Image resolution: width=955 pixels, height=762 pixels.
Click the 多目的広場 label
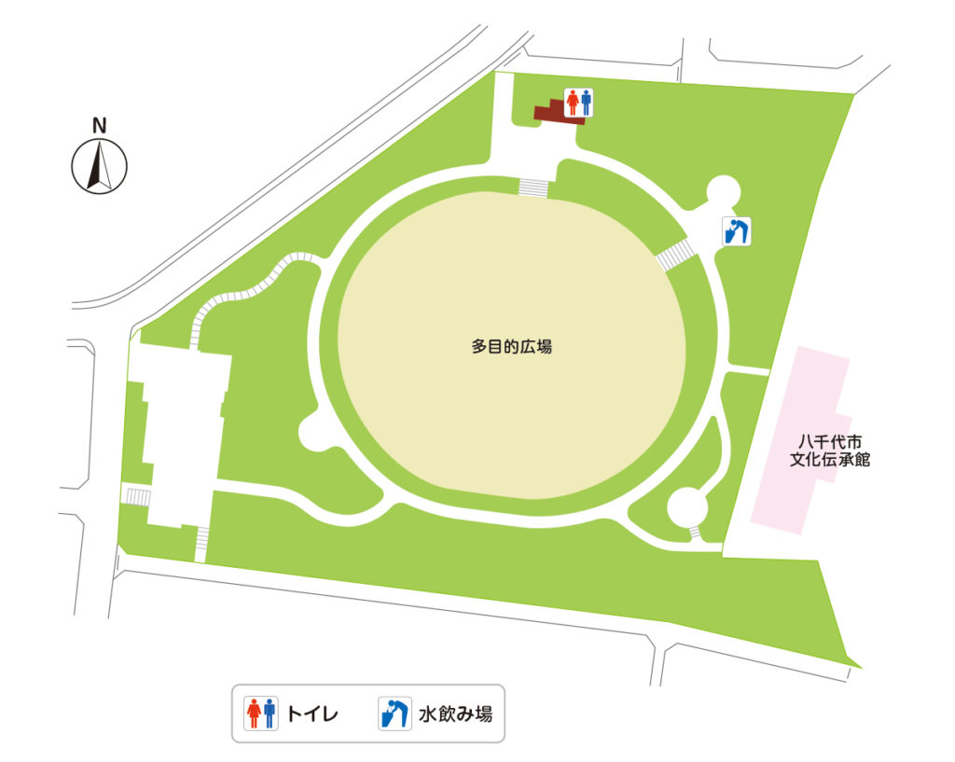512,346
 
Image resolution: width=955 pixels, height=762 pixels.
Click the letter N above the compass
99,125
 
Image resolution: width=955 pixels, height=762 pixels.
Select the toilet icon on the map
578,103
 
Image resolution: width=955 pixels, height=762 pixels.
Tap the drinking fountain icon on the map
738,230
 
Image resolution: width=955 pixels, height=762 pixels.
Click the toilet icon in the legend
261,714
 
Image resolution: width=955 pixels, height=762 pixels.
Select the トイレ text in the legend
311,715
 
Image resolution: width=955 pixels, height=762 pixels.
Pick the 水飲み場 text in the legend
455,715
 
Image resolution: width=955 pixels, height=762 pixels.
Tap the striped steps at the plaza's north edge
533,187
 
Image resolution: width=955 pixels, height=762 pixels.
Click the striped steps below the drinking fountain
675,255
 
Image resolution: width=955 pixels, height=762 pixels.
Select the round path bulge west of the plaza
313,431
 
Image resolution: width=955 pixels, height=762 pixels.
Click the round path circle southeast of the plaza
688,506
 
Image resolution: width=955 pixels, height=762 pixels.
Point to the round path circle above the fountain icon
724,193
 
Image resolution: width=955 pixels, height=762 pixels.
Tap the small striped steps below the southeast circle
695,532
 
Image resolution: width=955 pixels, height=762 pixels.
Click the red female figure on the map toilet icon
572,102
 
